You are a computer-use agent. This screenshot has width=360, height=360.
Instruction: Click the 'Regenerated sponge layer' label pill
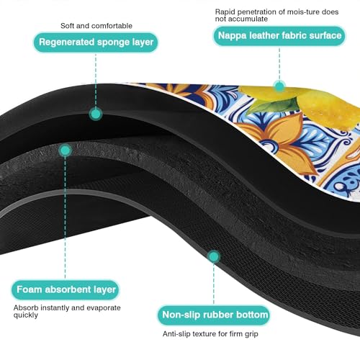click(96, 42)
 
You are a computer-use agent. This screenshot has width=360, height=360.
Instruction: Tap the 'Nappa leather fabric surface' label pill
click(279, 36)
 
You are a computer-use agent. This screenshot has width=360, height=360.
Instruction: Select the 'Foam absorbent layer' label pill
click(66, 289)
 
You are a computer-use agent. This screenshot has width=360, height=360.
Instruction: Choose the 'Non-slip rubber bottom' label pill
click(214, 315)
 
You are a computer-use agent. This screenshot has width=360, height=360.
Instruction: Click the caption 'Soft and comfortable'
click(96, 26)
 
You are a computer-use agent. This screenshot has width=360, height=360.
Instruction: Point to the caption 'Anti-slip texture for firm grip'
click(210, 334)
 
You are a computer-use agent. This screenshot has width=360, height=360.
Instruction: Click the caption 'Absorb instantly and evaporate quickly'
click(67, 311)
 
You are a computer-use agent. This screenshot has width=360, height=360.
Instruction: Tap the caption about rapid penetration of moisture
click(276, 15)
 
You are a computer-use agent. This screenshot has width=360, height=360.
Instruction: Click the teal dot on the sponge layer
click(96, 114)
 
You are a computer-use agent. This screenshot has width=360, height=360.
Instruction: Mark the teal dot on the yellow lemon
click(279, 86)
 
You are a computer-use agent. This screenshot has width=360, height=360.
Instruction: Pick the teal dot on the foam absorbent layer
click(65, 150)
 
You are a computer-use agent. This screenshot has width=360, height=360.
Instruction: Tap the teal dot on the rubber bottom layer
click(214, 256)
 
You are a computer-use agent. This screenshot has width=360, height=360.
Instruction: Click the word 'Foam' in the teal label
click(30, 289)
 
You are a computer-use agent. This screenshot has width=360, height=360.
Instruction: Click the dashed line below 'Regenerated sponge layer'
click(96, 80)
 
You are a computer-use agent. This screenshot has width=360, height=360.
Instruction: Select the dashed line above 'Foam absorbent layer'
click(65, 218)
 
